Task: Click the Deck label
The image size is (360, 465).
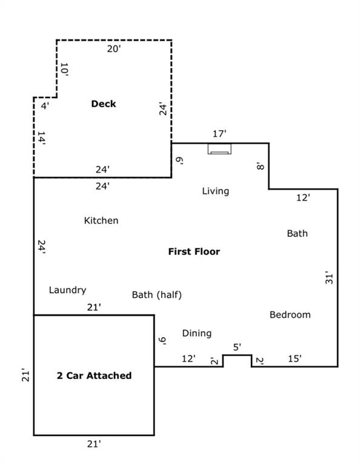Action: pyautogui.click(x=103, y=104)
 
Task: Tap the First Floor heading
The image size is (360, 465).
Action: pyautogui.click(x=194, y=251)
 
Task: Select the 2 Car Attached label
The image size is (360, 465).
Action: pyautogui.click(x=94, y=375)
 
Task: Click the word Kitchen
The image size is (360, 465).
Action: pyautogui.click(x=101, y=220)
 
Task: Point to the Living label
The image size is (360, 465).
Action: pyautogui.click(x=216, y=191)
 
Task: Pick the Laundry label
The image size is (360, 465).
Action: pyautogui.click(x=67, y=290)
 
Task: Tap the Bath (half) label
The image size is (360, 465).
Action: pyautogui.click(x=157, y=295)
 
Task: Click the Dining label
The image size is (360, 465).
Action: pyautogui.click(x=197, y=334)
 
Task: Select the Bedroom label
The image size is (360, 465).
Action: pyautogui.click(x=290, y=315)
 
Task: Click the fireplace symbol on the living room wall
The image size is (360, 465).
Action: pyautogui.click(x=219, y=149)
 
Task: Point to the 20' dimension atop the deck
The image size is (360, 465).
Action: pyautogui.click(x=114, y=48)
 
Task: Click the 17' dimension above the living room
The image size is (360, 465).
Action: pyautogui.click(x=219, y=134)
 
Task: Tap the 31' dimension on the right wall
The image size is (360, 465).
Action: pyautogui.click(x=329, y=277)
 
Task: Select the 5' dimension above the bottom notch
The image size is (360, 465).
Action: pyautogui.click(x=237, y=347)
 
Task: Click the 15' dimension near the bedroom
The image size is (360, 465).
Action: pyautogui.click(x=295, y=358)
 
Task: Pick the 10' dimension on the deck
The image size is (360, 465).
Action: pyautogui.click(x=64, y=70)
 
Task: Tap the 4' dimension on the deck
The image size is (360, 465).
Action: pyautogui.click(x=45, y=105)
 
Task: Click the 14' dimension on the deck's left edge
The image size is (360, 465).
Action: pyautogui.click(x=41, y=139)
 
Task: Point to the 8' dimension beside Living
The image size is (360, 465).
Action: pyautogui.click(x=260, y=167)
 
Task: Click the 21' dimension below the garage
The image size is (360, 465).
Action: pyautogui.click(x=94, y=444)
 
